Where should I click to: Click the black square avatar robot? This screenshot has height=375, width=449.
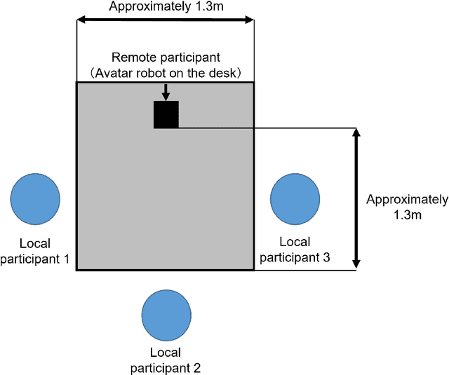(166, 114)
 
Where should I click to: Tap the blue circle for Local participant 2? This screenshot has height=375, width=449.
(166, 314)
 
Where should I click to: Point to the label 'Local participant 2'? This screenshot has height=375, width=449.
(166, 360)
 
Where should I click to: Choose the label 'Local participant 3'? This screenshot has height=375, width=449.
(295, 250)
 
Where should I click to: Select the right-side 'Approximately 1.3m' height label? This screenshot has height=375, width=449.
(407, 207)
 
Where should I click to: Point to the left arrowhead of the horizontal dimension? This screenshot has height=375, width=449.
(81, 20)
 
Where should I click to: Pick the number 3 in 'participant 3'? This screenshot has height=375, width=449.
(326, 257)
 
